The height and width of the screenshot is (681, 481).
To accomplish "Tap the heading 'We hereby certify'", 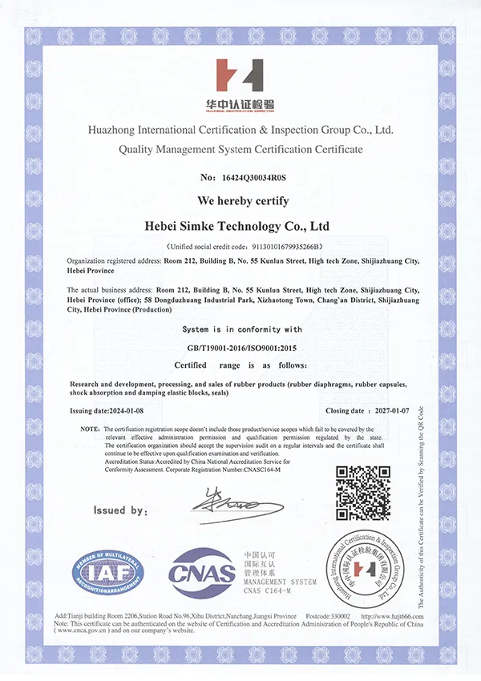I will pyautogui.click(x=242, y=200).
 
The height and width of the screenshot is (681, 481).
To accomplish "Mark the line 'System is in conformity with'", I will pyautogui.click(x=241, y=328).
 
